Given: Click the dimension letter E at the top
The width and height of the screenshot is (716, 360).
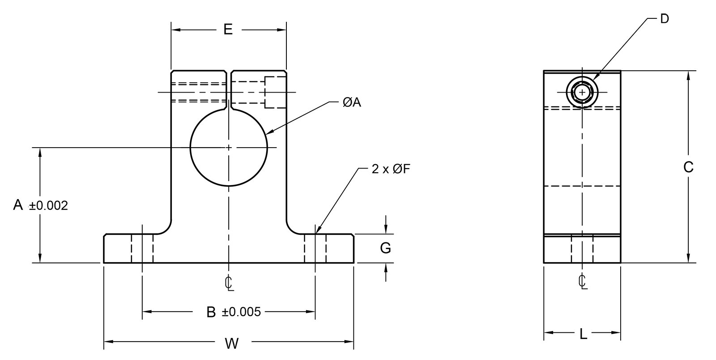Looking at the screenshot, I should pyautogui.click(x=228, y=30).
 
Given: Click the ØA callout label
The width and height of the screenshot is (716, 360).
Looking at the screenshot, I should pyautogui.click(x=351, y=102).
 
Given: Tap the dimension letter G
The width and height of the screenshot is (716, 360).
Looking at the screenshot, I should pyautogui.click(x=385, y=248).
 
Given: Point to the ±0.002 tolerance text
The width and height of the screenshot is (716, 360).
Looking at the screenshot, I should pyautogui.click(x=48, y=206).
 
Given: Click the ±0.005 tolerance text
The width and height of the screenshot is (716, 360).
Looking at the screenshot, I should pyautogui.click(x=241, y=312).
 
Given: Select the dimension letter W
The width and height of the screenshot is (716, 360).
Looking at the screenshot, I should pyautogui.click(x=231, y=343).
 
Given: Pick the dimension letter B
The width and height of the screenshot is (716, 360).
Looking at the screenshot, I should pyautogui.click(x=211, y=312).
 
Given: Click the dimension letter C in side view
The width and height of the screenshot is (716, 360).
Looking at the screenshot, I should pyautogui.click(x=688, y=167).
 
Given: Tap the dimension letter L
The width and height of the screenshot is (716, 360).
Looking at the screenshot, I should pyautogui.click(x=583, y=334).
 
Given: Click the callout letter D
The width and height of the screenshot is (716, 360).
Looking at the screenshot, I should pyautogui.click(x=665, y=19).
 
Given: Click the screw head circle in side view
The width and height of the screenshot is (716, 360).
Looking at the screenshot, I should pyautogui.click(x=582, y=92).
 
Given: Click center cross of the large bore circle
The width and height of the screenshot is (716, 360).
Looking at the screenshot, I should pyautogui.click(x=229, y=147).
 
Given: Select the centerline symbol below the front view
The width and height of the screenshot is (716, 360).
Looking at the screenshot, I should pyautogui.click(x=229, y=283).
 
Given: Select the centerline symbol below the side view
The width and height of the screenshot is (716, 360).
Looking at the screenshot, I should pyautogui.click(x=582, y=282).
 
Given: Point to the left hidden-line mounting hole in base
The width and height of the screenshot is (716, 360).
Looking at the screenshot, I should pyautogui.click(x=142, y=249).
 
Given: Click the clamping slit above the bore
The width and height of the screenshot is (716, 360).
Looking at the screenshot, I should pyautogui.click(x=229, y=89).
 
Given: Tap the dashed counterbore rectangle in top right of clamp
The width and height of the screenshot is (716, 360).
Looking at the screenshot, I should pyautogui.click(x=275, y=93).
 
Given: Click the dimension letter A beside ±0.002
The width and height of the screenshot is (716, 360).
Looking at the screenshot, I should pyautogui.click(x=18, y=205).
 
